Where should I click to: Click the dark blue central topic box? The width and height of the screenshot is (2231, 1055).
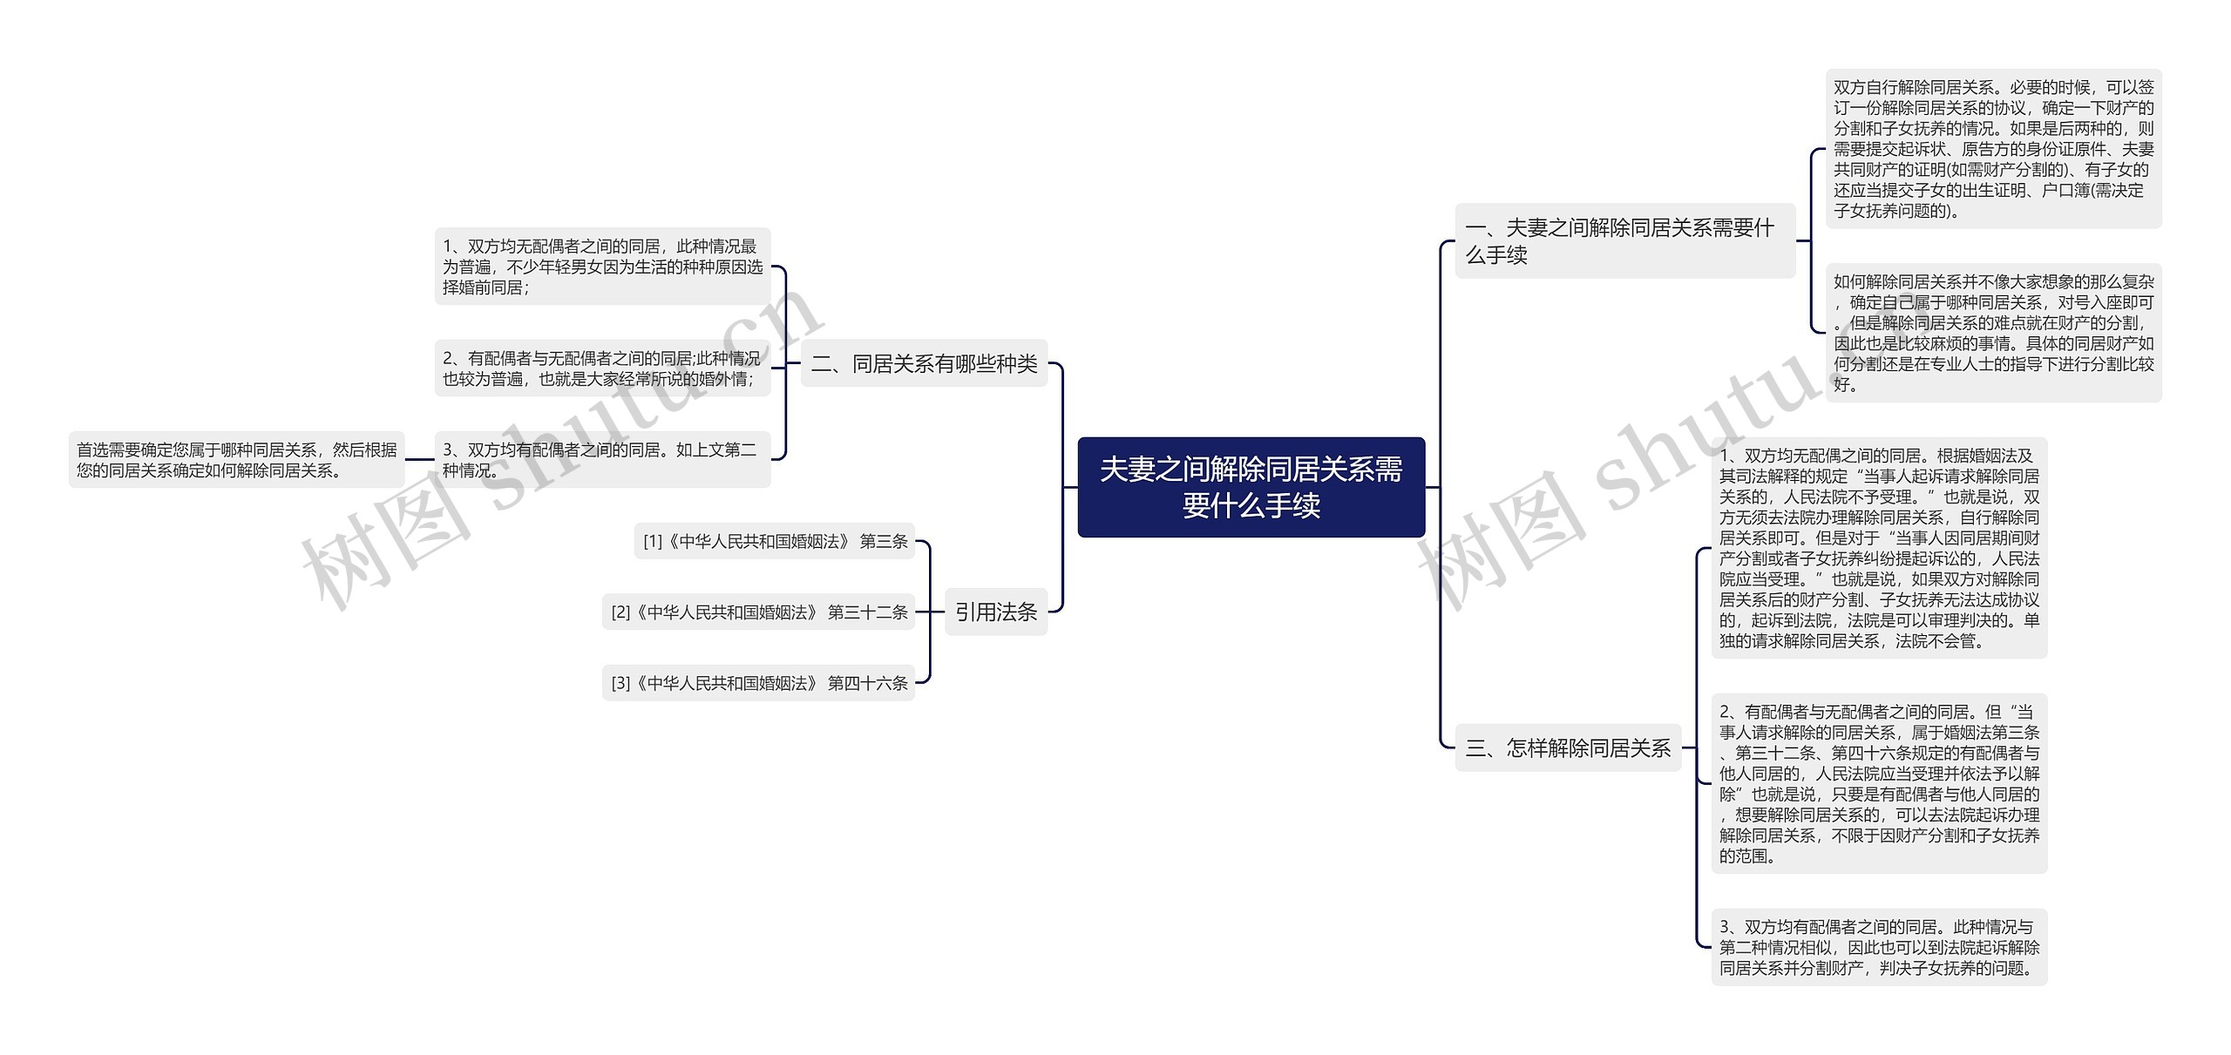coord(1251,487)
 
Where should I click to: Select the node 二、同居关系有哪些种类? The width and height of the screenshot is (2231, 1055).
coord(924,363)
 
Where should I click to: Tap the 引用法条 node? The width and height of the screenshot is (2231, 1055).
coord(995,612)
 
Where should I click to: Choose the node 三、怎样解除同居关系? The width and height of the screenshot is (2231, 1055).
coord(1567,747)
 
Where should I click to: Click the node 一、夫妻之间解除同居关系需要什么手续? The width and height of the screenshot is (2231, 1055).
coord(1624,240)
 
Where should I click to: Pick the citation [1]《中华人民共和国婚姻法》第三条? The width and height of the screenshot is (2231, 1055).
coord(774,541)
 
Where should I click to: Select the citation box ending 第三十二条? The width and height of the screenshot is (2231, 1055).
coord(757,612)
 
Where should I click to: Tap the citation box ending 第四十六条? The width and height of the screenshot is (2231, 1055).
coord(757,683)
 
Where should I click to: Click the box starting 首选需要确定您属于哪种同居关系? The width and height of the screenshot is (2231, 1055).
coord(236,460)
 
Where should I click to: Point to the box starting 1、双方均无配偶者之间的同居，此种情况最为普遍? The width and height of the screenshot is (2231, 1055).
coord(602,267)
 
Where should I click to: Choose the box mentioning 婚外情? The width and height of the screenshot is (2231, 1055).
coord(602,369)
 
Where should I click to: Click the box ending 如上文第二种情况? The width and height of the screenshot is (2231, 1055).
coord(602,460)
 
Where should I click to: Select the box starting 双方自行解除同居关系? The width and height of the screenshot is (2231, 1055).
coord(1993,149)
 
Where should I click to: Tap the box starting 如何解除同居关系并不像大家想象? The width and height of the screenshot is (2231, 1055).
coord(1993,333)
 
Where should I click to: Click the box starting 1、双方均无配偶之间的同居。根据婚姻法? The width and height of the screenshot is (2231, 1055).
coord(1879,548)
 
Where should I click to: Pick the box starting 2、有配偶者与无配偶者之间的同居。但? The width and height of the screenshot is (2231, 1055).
coord(1879,783)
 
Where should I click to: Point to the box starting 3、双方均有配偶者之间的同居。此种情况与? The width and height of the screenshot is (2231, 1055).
coord(1879,947)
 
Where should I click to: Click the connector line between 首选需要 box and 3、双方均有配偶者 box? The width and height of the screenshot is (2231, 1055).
coord(419,460)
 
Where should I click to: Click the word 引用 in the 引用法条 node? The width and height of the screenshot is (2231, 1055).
coord(975,612)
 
